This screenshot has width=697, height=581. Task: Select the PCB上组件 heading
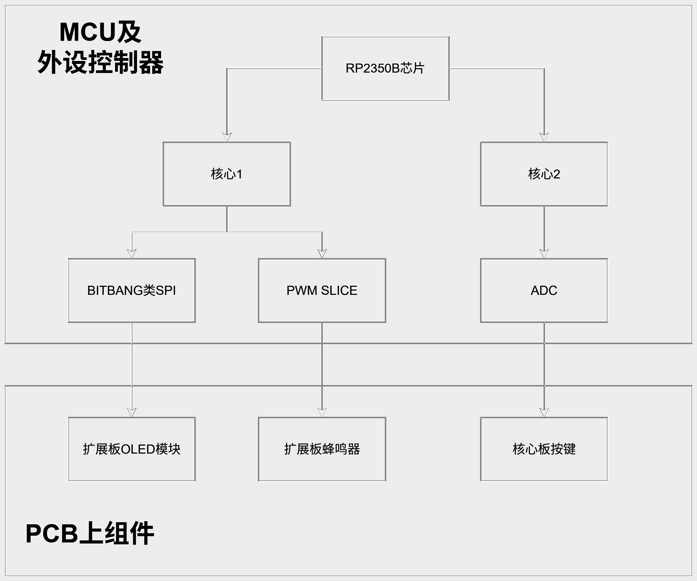[x=90, y=533]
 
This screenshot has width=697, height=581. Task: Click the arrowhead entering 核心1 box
[x=227, y=137]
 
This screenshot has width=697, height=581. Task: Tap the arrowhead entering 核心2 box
[x=544, y=137]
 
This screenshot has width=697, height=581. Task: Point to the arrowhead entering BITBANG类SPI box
[x=132, y=253]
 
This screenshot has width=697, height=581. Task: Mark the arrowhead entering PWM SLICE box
[x=322, y=253]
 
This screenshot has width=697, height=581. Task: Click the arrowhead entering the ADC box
[x=544, y=253]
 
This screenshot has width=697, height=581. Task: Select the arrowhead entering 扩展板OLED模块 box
[x=132, y=412]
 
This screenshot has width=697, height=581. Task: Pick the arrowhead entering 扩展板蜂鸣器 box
[x=322, y=412]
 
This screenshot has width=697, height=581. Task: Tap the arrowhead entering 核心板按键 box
[x=544, y=412]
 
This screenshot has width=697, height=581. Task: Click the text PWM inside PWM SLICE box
[x=302, y=290]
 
